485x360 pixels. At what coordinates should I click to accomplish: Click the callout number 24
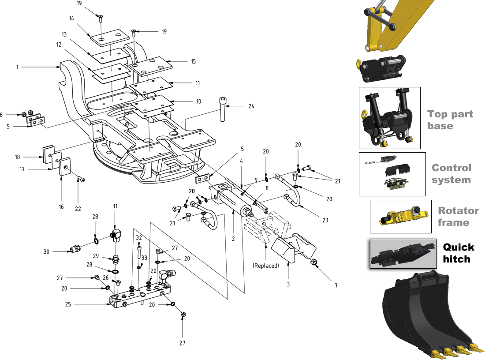pyautogui.click(x=251, y=106)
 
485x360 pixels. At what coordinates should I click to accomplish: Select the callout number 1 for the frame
pyautogui.click(x=18, y=67)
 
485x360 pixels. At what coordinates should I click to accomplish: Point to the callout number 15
pyautogui.click(x=193, y=61)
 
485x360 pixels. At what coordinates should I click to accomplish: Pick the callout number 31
pyautogui.click(x=115, y=206)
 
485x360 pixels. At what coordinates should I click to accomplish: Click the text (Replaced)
pyautogui.click(x=266, y=266)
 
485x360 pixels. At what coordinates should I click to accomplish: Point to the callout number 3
pyautogui.click(x=288, y=284)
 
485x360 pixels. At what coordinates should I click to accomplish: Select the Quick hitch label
pyautogui.click(x=459, y=253)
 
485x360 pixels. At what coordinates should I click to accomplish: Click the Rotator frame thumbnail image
pyautogui.click(x=400, y=217)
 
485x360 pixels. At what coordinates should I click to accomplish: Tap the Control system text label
pyautogui.click(x=451, y=174)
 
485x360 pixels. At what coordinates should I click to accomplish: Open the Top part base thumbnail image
pyautogui.click(x=389, y=117)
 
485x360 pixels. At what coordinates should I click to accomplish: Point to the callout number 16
pyautogui.click(x=61, y=206)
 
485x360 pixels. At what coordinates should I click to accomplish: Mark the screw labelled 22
pyautogui.click(x=82, y=179)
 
